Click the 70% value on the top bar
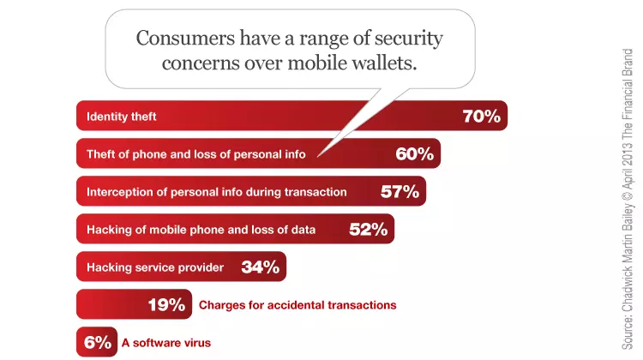pyautogui.click(x=482, y=116)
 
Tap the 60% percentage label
pyautogui.click(x=415, y=153)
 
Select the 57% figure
pyautogui.click(x=400, y=191)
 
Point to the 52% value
pyautogui.click(x=369, y=229)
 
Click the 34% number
pyautogui.click(x=261, y=267)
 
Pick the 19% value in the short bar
pyautogui.click(x=166, y=304)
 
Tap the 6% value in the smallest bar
pyautogui.click(x=98, y=342)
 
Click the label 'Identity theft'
pyautogui.click(x=122, y=117)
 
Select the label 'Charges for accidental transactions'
pyautogui.click(x=297, y=305)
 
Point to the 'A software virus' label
pyautogui.click(x=166, y=343)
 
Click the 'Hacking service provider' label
pyautogui.click(x=155, y=267)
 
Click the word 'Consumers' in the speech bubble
pyautogui.click(x=186, y=38)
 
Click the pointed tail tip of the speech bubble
pyautogui.click(x=317, y=157)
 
